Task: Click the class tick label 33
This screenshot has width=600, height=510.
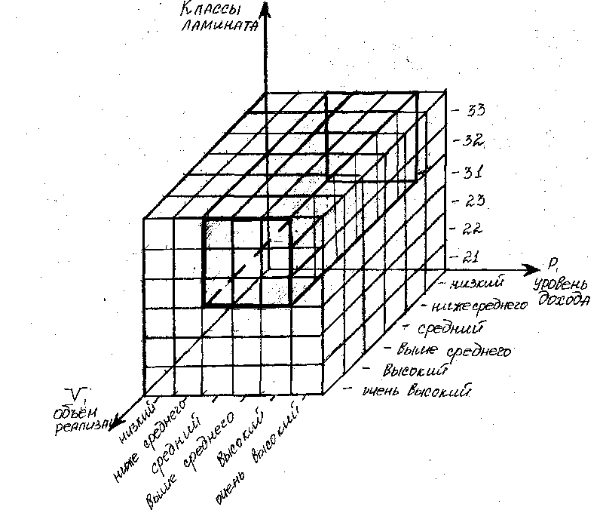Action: (x=475, y=111)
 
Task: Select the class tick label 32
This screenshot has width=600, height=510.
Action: (x=474, y=142)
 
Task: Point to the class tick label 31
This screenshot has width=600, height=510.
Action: (x=473, y=172)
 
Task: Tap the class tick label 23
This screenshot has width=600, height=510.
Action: (x=473, y=201)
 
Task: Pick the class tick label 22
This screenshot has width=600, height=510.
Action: (x=473, y=229)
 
